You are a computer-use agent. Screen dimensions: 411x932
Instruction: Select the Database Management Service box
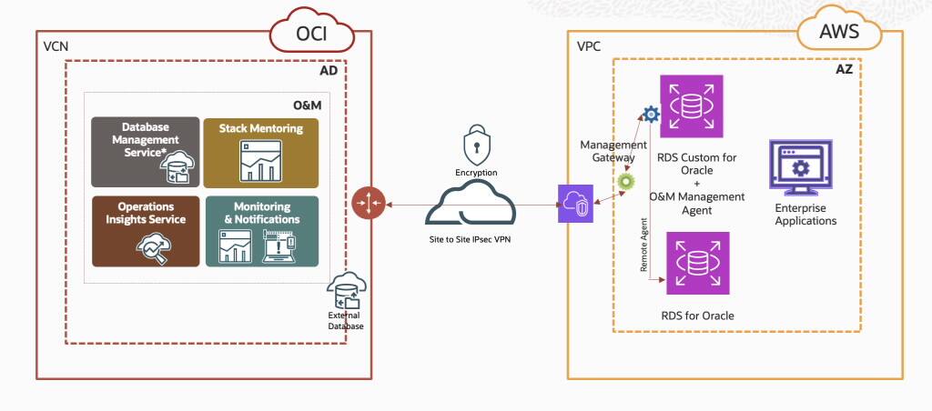tap(145, 152)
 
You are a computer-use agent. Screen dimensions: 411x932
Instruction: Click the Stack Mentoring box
tap(260, 152)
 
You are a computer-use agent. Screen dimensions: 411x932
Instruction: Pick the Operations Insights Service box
tap(145, 231)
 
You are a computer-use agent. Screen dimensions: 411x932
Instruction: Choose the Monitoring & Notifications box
tap(261, 231)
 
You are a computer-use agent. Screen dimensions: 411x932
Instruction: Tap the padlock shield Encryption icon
tap(477, 145)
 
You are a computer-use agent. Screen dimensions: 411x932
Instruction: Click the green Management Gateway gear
tap(626, 181)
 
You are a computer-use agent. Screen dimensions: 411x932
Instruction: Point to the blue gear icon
tap(650, 114)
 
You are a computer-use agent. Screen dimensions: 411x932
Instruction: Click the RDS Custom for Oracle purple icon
tap(692, 105)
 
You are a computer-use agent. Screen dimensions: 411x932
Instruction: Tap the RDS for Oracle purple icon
tap(697, 263)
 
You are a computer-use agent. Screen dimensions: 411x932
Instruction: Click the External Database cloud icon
tap(345, 290)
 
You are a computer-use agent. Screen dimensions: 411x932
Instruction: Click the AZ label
tap(846, 69)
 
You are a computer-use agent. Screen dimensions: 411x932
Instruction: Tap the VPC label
tap(589, 45)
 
